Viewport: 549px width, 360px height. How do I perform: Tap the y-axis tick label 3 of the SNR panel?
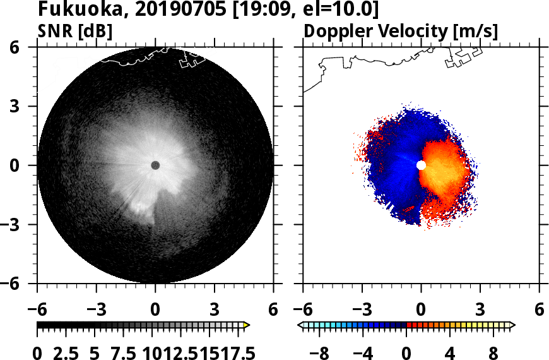pos(25,106)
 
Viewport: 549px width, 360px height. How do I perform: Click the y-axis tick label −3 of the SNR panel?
pos(20,224)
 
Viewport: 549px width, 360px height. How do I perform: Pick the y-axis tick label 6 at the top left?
pos(25,47)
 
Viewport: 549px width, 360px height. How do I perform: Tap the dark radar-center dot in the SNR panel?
pos(155,165)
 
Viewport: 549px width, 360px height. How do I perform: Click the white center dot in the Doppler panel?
pos(422,165)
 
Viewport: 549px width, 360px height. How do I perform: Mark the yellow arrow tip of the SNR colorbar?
pos(247,325)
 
